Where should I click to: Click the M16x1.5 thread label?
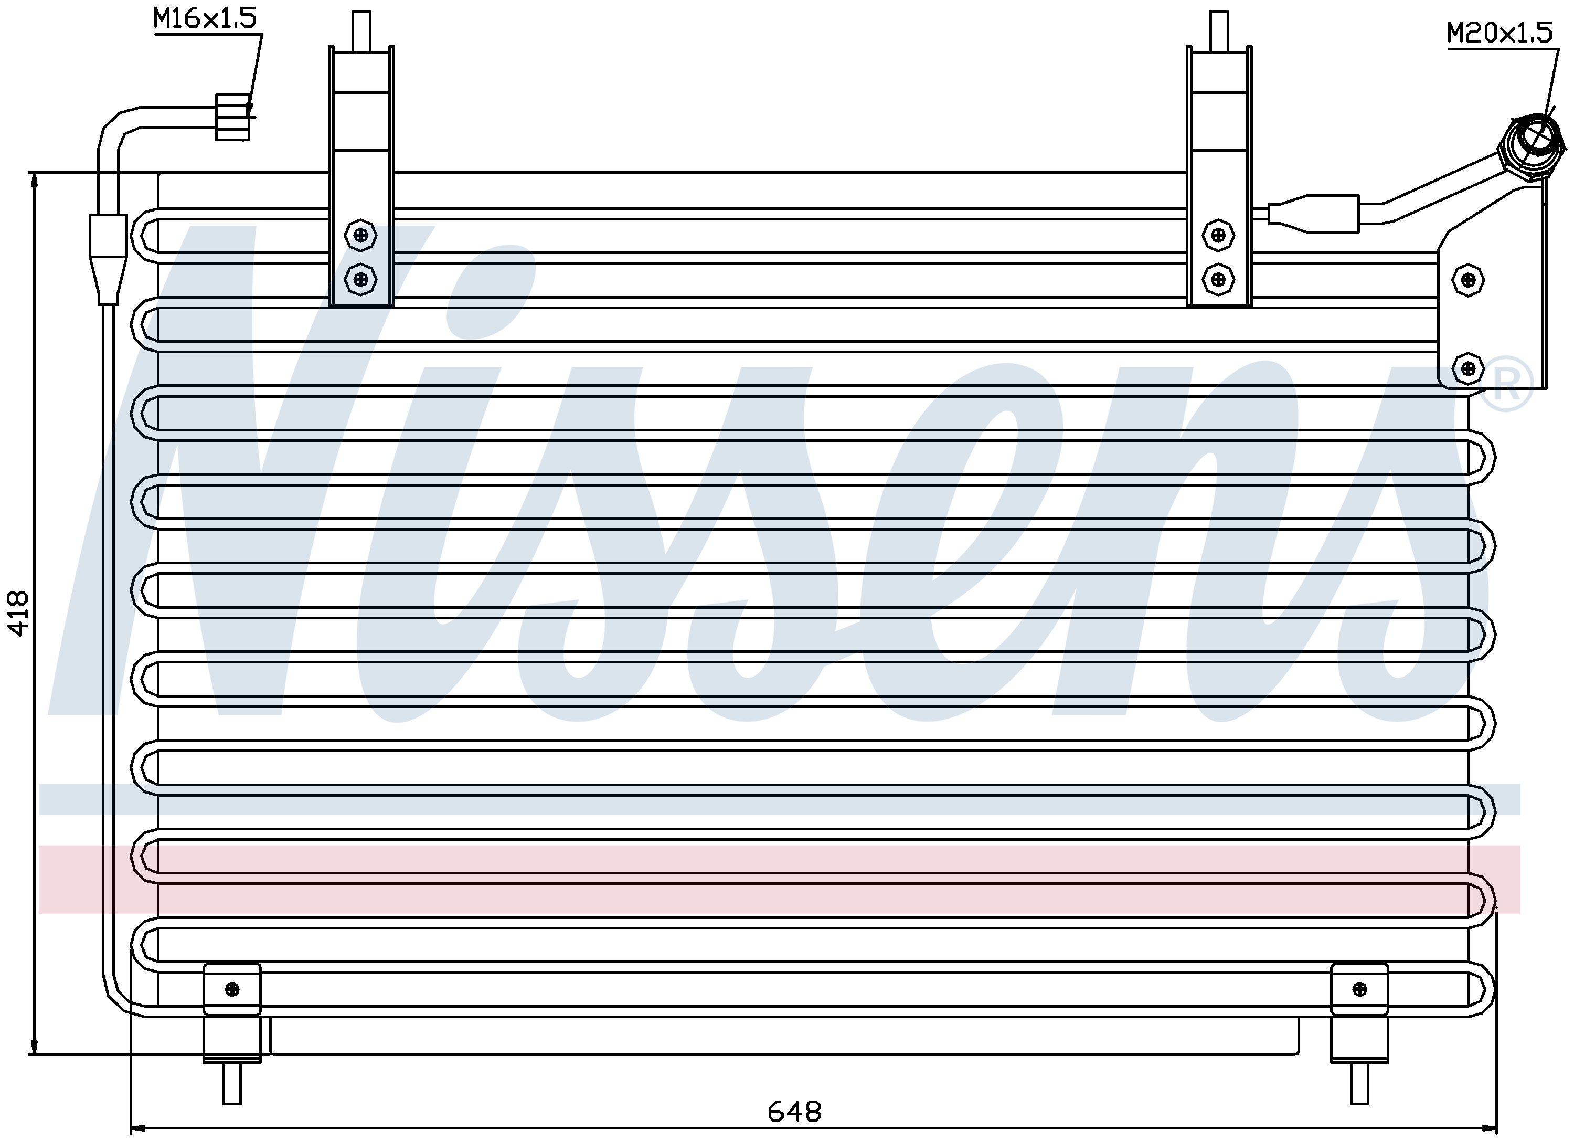tap(205, 18)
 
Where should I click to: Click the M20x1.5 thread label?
tap(1499, 33)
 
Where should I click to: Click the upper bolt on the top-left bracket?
tap(360, 235)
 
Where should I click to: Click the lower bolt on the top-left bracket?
tap(360, 280)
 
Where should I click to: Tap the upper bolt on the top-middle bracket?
tap(1218, 235)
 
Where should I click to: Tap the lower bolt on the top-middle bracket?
tap(1218, 280)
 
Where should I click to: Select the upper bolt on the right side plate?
tap(1468, 280)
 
